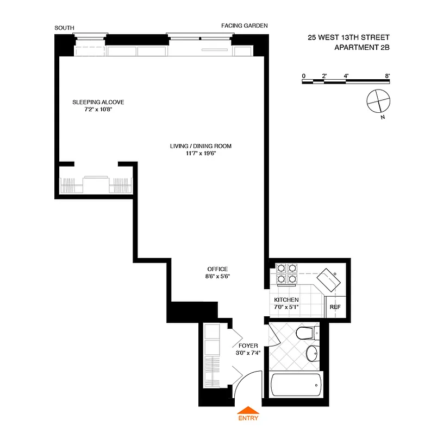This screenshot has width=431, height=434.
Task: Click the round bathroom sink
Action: tap(311, 354)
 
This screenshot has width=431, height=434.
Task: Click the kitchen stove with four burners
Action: tap(286, 274)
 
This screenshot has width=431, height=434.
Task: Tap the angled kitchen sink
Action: tap(329, 280)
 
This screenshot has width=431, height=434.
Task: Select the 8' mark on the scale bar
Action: tap(388, 76)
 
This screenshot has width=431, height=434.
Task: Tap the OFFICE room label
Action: tap(217, 269)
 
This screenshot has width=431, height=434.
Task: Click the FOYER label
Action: tap(247, 345)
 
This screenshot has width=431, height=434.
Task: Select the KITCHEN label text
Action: tap(286, 300)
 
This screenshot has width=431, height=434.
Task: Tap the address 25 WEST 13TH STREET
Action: tap(348, 38)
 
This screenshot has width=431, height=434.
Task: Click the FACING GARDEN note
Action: tap(244, 25)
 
